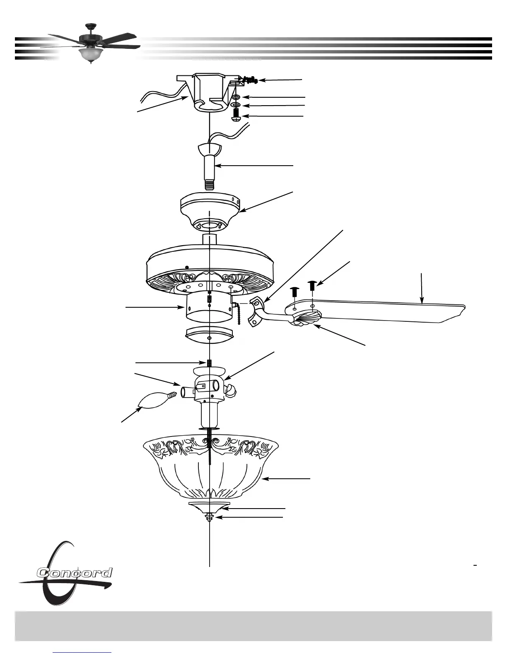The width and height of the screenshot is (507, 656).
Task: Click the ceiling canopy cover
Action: click(x=210, y=207)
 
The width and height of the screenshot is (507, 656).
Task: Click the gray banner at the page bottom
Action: click(x=254, y=625)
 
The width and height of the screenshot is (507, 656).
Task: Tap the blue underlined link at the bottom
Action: click(x=83, y=653)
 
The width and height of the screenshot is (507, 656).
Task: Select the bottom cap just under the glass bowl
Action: click(x=209, y=506)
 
